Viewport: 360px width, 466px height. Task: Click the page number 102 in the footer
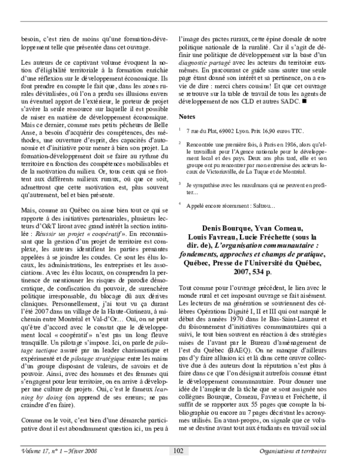(178, 451)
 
